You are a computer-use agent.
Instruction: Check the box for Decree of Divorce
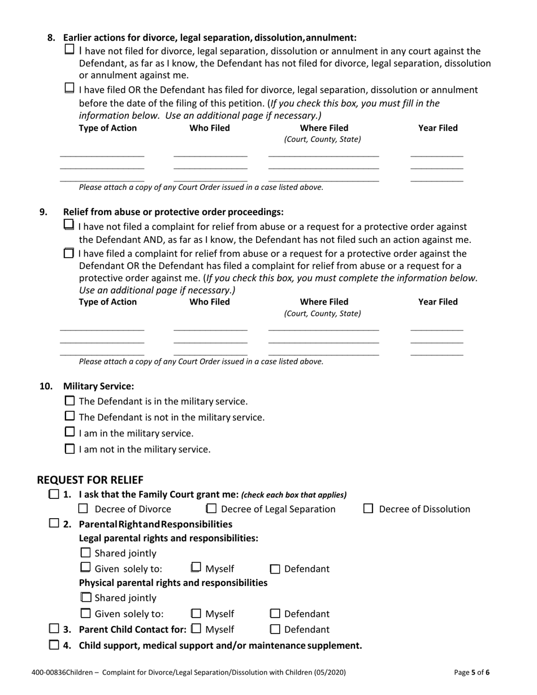click(x=84, y=509)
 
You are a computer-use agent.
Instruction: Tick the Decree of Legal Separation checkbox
click(x=211, y=509)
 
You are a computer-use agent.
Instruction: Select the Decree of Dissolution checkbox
click(x=368, y=509)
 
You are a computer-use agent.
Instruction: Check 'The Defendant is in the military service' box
click(x=70, y=401)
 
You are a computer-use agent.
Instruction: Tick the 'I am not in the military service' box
click(x=70, y=449)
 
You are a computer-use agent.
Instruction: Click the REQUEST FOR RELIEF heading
click(x=90, y=480)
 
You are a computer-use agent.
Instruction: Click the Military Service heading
click(x=98, y=386)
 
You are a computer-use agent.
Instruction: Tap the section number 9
click(x=44, y=212)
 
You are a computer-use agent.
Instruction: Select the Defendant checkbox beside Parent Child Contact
click(x=275, y=629)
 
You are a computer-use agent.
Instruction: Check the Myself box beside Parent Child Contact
click(x=196, y=628)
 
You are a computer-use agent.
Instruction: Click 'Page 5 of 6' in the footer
click(x=472, y=672)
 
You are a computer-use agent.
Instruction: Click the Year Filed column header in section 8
click(x=438, y=128)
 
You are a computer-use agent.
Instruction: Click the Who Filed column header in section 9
click(x=210, y=302)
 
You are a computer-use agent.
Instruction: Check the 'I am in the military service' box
click(x=70, y=433)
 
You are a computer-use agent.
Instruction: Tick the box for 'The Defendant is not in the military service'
click(x=70, y=417)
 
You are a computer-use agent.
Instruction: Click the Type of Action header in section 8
click(x=107, y=128)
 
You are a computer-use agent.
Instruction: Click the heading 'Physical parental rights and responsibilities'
click(x=173, y=583)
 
